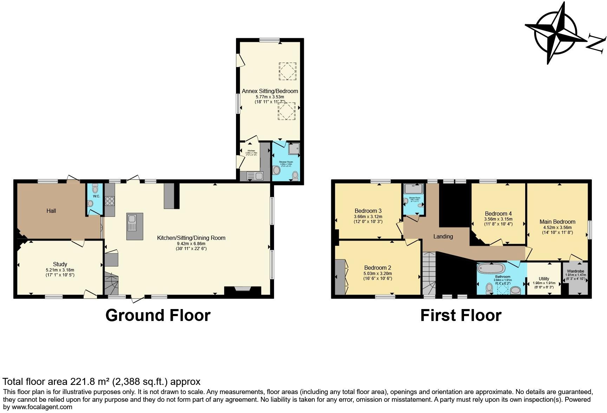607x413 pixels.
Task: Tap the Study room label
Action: (x=60, y=264)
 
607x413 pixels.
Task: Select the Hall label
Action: (x=51, y=211)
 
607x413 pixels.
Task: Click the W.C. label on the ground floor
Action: (x=97, y=196)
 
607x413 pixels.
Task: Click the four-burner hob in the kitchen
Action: (x=110, y=201)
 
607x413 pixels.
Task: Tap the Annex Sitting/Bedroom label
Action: (x=270, y=91)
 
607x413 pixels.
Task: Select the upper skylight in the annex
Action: (x=287, y=71)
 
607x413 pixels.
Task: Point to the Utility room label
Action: (x=544, y=278)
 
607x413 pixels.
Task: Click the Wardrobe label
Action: (x=575, y=271)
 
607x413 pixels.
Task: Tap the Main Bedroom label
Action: (x=557, y=222)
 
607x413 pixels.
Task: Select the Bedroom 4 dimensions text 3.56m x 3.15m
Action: (x=498, y=219)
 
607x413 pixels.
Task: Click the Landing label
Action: (x=443, y=236)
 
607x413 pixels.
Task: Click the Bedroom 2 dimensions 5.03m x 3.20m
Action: (x=378, y=273)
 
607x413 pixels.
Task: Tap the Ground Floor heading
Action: (x=158, y=315)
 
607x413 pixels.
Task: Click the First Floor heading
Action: (x=461, y=315)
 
